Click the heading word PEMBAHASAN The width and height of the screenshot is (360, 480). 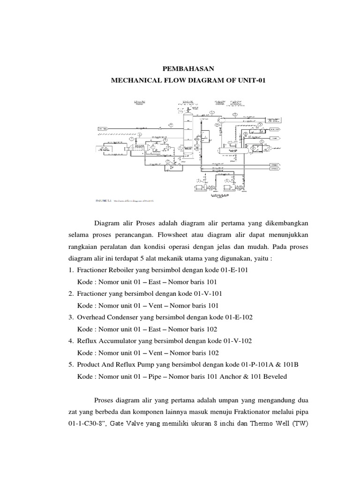pos(180,68)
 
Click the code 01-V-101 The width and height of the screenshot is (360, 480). pos(206,293)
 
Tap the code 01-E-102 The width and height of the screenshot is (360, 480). pos(237,317)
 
